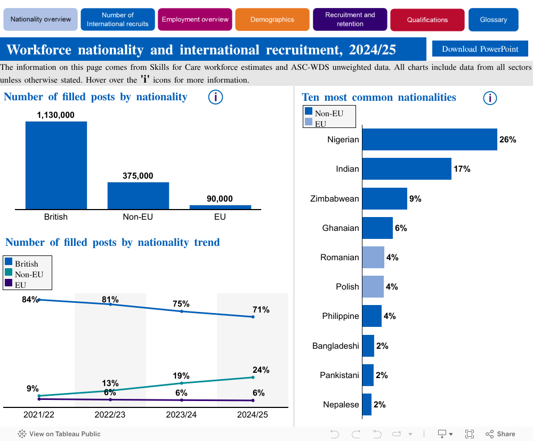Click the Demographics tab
point(272,20)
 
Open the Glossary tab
point(493,20)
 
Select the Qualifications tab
point(427,20)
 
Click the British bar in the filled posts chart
point(56,165)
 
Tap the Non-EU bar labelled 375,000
point(138,196)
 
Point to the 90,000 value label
point(220,199)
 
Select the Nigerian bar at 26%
point(430,140)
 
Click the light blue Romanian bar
point(373,257)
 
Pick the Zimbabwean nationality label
point(335,198)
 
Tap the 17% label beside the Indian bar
point(462,169)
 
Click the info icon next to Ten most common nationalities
point(490,98)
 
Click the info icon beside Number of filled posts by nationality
point(215,97)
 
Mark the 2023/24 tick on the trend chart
point(182,415)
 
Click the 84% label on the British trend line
point(30,300)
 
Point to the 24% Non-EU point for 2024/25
point(253,377)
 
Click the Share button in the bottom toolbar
point(500,434)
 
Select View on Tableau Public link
point(59,434)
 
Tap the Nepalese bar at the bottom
point(367,404)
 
